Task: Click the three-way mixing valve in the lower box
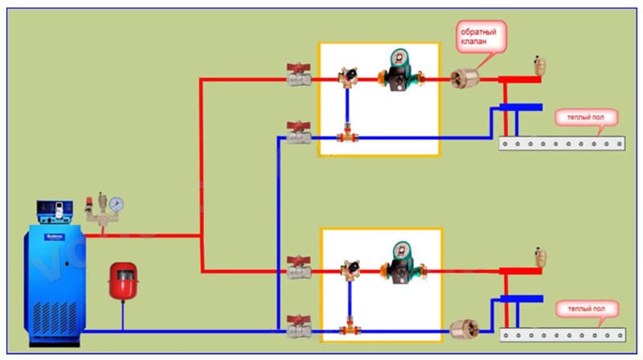pos(350,270)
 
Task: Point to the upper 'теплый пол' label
pos(586,118)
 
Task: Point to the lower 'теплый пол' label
pos(586,309)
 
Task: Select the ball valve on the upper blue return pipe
pos(299,134)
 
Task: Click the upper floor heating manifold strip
pos(562,144)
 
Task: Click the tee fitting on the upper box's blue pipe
pos(347,137)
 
